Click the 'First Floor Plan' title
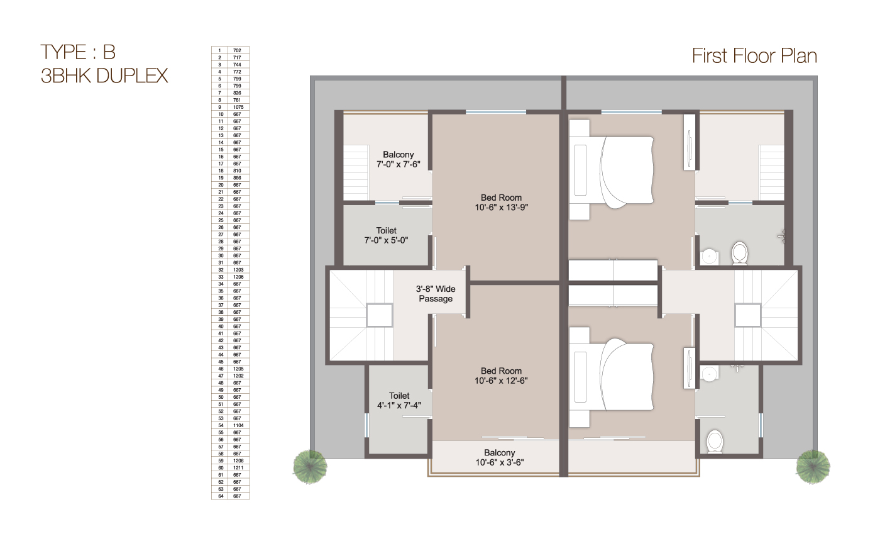pos(754,55)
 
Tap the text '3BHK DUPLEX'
pos(104,75)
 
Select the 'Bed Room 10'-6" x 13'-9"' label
pos(501,202)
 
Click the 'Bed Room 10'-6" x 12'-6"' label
pos(501,376)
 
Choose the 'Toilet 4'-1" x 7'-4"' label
pos(399,400)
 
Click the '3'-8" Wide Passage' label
pos(436,294)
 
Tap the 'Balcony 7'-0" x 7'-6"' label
pos(398,159)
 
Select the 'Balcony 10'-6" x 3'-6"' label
pos(499,457)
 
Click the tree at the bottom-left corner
pos(310,467)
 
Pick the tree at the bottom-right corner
pos(813,467)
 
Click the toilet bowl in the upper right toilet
pos(740,253)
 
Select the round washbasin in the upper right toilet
pos(709,256)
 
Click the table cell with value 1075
pos(237,107)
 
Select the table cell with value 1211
pos(237,467)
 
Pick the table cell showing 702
pos(237,50)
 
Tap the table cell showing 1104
pos(237,425)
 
